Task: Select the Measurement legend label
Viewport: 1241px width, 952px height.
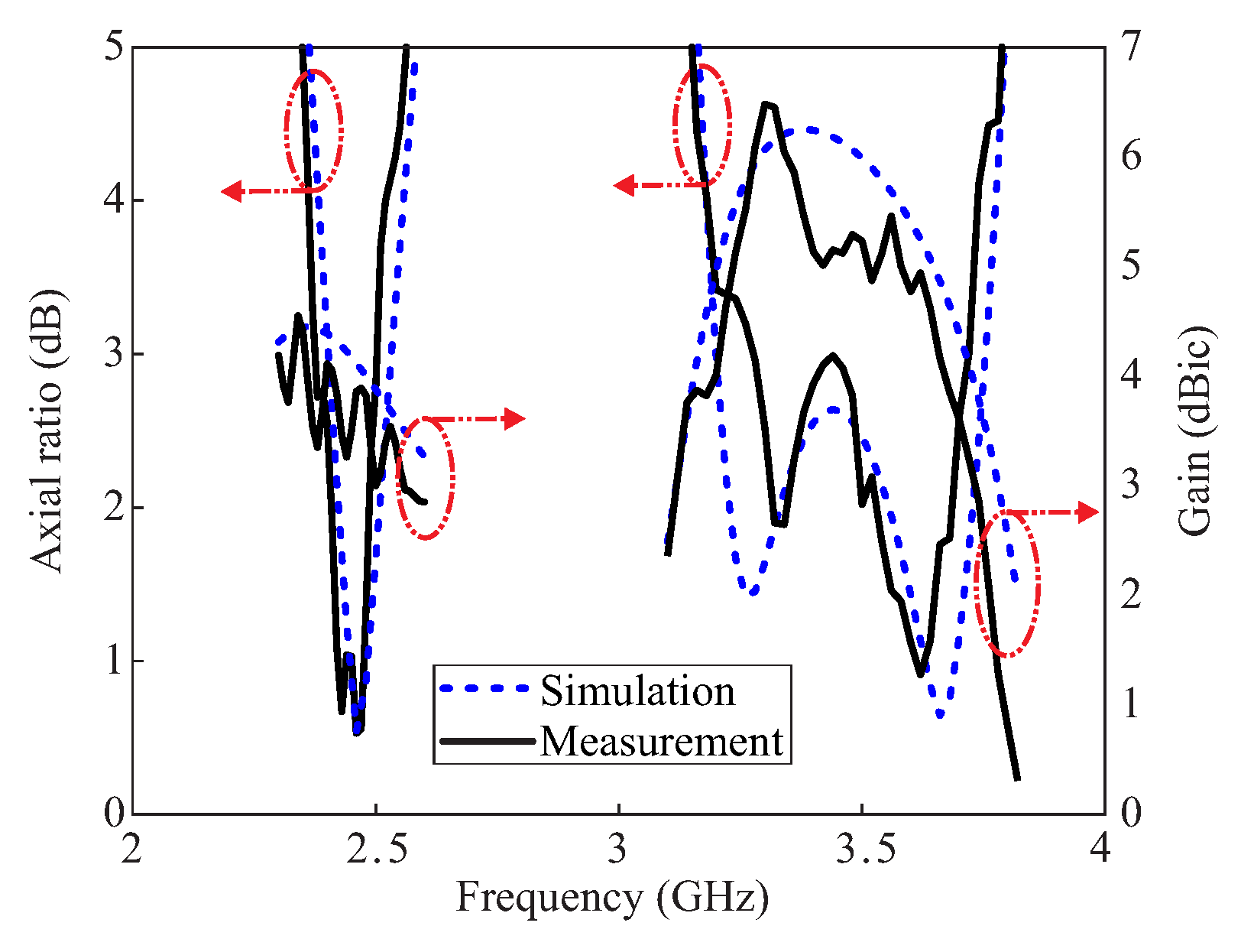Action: coord(662,741)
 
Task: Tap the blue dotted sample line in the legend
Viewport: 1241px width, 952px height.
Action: coord(484,688)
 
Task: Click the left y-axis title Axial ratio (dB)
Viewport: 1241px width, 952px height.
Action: coord(48,431)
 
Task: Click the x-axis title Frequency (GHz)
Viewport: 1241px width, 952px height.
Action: coord(612,898)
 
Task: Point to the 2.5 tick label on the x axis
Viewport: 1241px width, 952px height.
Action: coord(375,850)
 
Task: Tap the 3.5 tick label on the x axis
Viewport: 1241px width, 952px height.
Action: coord(864,850)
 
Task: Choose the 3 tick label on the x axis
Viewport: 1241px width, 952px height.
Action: coord(618,850)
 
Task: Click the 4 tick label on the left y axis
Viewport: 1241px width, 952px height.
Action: coord(114,201)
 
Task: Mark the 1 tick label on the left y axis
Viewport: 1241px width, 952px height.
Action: coord(114,661)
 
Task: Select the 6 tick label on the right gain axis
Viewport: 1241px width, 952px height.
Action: coord(1132,156)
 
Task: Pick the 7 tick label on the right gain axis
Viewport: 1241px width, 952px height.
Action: coord(1132,47)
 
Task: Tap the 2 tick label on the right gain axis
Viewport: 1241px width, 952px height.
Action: coord(1132,595)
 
